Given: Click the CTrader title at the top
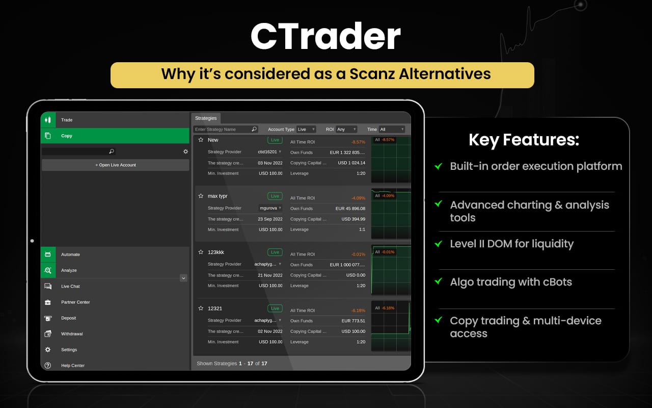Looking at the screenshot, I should [325, 36].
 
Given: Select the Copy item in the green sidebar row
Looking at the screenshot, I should [67, 136].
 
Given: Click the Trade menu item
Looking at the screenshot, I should [67, 120].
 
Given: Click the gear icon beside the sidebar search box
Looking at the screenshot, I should [185, 151].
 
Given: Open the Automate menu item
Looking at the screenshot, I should [70, 254].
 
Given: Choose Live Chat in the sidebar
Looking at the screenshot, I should [70, 287].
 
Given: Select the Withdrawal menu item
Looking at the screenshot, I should [72, 334].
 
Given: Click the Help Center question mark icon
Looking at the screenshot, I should [48, 366].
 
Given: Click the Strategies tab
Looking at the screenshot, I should [206, 118].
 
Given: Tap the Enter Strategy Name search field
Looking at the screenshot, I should [223, 130].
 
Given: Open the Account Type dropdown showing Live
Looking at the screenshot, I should [306, 130].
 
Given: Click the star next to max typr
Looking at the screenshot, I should [201, 196].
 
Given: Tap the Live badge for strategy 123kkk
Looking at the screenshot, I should [275, 252].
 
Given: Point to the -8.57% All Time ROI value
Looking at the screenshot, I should [358, 142].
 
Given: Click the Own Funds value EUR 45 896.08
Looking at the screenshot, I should [350, 209].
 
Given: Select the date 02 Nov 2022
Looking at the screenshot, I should [270, 331].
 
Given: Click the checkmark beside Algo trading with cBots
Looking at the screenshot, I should [438, 282].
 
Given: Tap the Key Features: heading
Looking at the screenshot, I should [524, 140].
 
